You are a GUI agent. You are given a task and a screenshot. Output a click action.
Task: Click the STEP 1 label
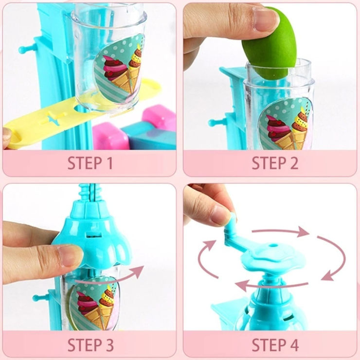[90, 163]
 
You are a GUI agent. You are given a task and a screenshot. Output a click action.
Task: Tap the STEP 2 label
[275, 163]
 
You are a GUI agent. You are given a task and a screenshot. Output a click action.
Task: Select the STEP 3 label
[90, 345]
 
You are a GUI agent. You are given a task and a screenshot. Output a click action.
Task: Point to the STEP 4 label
[275, 345]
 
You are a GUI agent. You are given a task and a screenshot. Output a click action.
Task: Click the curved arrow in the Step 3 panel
[109, 276]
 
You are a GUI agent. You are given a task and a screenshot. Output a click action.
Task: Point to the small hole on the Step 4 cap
[272, 245]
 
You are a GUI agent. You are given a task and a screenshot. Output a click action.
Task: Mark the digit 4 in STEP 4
[293, 345]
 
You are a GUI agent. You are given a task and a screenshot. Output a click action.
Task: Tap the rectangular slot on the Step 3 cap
[94, 235]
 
